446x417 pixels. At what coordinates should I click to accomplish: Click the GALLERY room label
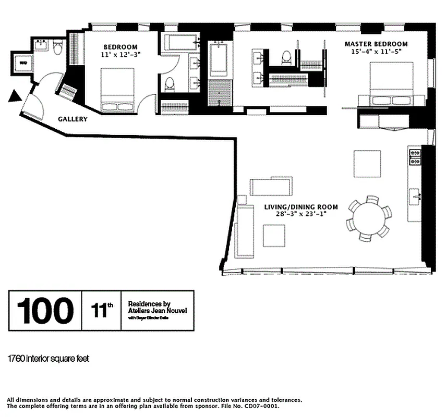pyautogui.click(x=73, y=119)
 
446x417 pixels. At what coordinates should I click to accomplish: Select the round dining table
pyautogui.click(x=369, y=218)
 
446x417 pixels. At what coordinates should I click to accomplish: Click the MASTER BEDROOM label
pyautogui.click(x=376, y=44)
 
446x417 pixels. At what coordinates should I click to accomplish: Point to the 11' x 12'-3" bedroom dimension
pyautogui.click(x=120, y=54)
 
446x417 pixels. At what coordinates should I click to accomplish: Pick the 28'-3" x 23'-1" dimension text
pyautogui.click(x=301, y=214)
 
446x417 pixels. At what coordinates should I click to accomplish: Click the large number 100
pyautogui.click(x=45, y=310)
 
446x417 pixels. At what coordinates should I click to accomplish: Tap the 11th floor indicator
pyautogui.click(x=102, y=311)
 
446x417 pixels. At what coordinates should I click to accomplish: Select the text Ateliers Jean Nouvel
pyautogui.click(x=157, y=311)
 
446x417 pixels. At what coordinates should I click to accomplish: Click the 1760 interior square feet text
pyautogui.click(x=49, y=359)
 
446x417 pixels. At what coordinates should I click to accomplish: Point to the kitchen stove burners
pyautogui.click(x=415, y=157)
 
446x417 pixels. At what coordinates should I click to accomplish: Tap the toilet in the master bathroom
pyautogui.click(x=286, y=57)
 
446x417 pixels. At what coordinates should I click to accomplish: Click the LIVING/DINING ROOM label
pyautogui.click(x=301, y=207)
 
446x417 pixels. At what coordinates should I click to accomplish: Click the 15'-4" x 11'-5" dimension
pyautogui.click(x=376, y=52)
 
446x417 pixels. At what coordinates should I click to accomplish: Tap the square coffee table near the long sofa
pyautogui.click(x=274, y=236)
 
